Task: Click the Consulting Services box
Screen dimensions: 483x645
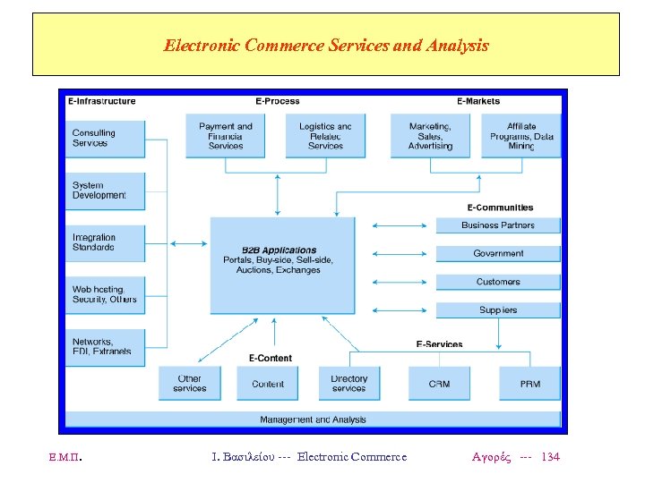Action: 105,139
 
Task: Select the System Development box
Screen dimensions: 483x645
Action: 105,191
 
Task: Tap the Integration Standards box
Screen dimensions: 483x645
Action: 105,242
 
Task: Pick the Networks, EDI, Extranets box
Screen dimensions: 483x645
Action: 105,346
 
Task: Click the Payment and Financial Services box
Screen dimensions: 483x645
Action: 226,136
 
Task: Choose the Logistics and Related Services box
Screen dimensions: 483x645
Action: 325,136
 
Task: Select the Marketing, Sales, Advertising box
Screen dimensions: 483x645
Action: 431,136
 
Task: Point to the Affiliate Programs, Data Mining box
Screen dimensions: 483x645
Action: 521,136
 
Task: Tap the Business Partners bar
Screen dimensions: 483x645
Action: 498,225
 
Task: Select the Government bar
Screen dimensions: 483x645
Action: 498,253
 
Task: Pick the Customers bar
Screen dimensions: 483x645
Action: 498,282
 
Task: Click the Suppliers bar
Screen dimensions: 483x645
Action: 498,310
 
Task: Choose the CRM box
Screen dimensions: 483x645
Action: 439,384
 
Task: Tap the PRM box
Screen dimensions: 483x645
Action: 529,384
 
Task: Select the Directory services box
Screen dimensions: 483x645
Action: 348,384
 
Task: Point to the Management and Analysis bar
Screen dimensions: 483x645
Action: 313,419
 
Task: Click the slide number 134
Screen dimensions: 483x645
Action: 551,457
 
